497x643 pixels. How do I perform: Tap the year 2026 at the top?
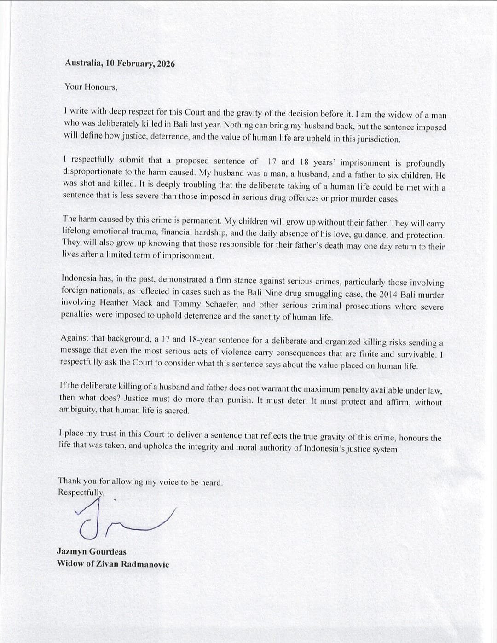[x=166, y=64]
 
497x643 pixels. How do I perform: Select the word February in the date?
[x=135, y=64]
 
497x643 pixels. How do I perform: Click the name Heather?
[x=114, y=303]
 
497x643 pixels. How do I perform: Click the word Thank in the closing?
[x=69, y=481]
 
